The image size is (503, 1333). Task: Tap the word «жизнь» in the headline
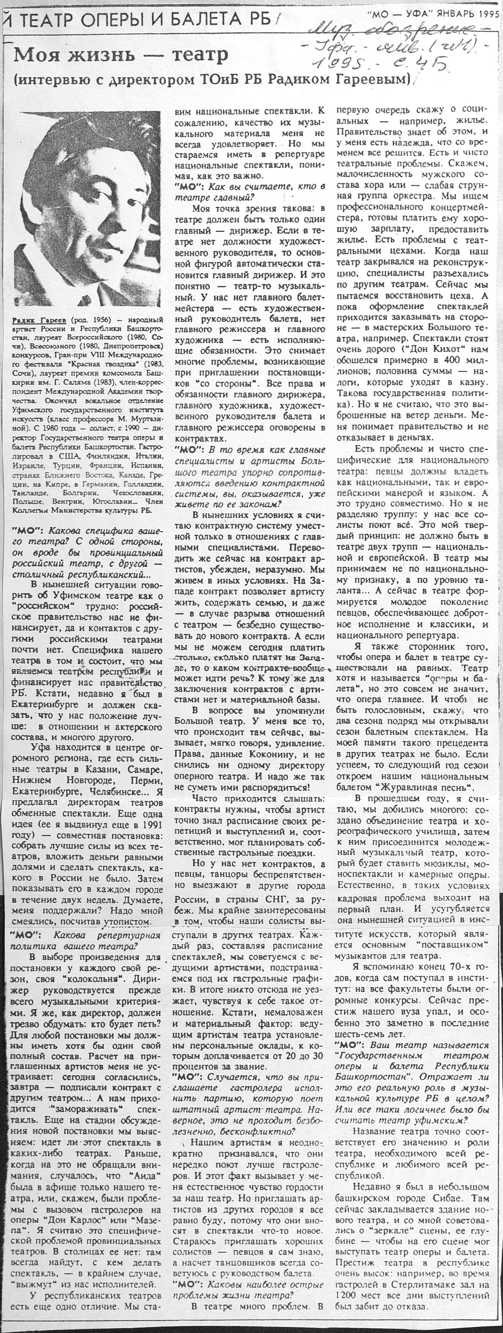[104, 54]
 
